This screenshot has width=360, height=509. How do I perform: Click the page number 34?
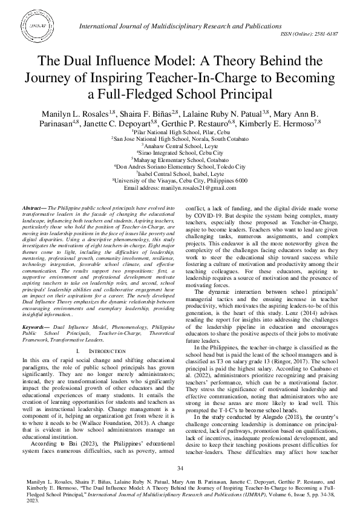tap(180, 469)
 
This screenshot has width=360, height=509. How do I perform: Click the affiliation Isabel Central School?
tap(180, 172)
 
